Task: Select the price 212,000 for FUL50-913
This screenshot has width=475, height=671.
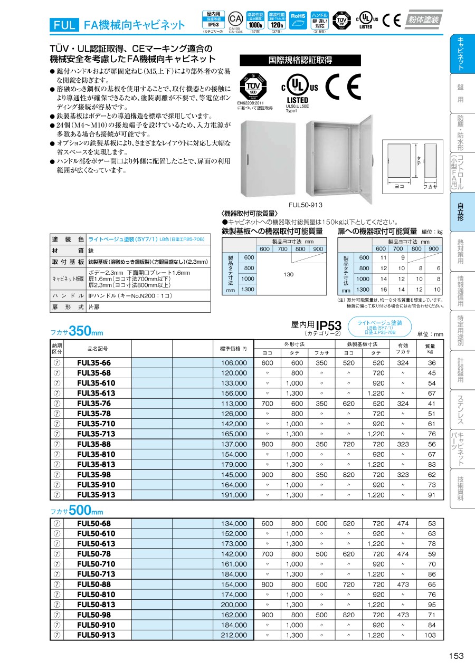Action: pos(233,636)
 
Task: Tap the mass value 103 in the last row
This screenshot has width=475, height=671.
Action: pos(431,636)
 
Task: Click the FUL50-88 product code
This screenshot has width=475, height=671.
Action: pos(94,584)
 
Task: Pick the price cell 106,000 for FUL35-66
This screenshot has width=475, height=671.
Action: pos(233,363)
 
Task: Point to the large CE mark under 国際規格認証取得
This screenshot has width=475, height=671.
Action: pos(343,87)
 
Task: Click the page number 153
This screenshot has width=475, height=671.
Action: pos(456,656)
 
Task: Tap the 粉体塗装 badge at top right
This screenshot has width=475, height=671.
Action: pos(424,20)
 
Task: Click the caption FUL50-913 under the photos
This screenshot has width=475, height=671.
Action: pos(306,205)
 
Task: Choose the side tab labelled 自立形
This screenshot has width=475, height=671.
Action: pos(461,212)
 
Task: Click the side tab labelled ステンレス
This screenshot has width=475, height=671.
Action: pos(461,410)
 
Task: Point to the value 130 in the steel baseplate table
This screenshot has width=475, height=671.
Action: pos(288,274)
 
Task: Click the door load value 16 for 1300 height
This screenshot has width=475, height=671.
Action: pos(384,290)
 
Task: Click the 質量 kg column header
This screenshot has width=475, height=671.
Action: pos(430,348)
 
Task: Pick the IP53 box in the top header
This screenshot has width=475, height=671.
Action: pos(213,21)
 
